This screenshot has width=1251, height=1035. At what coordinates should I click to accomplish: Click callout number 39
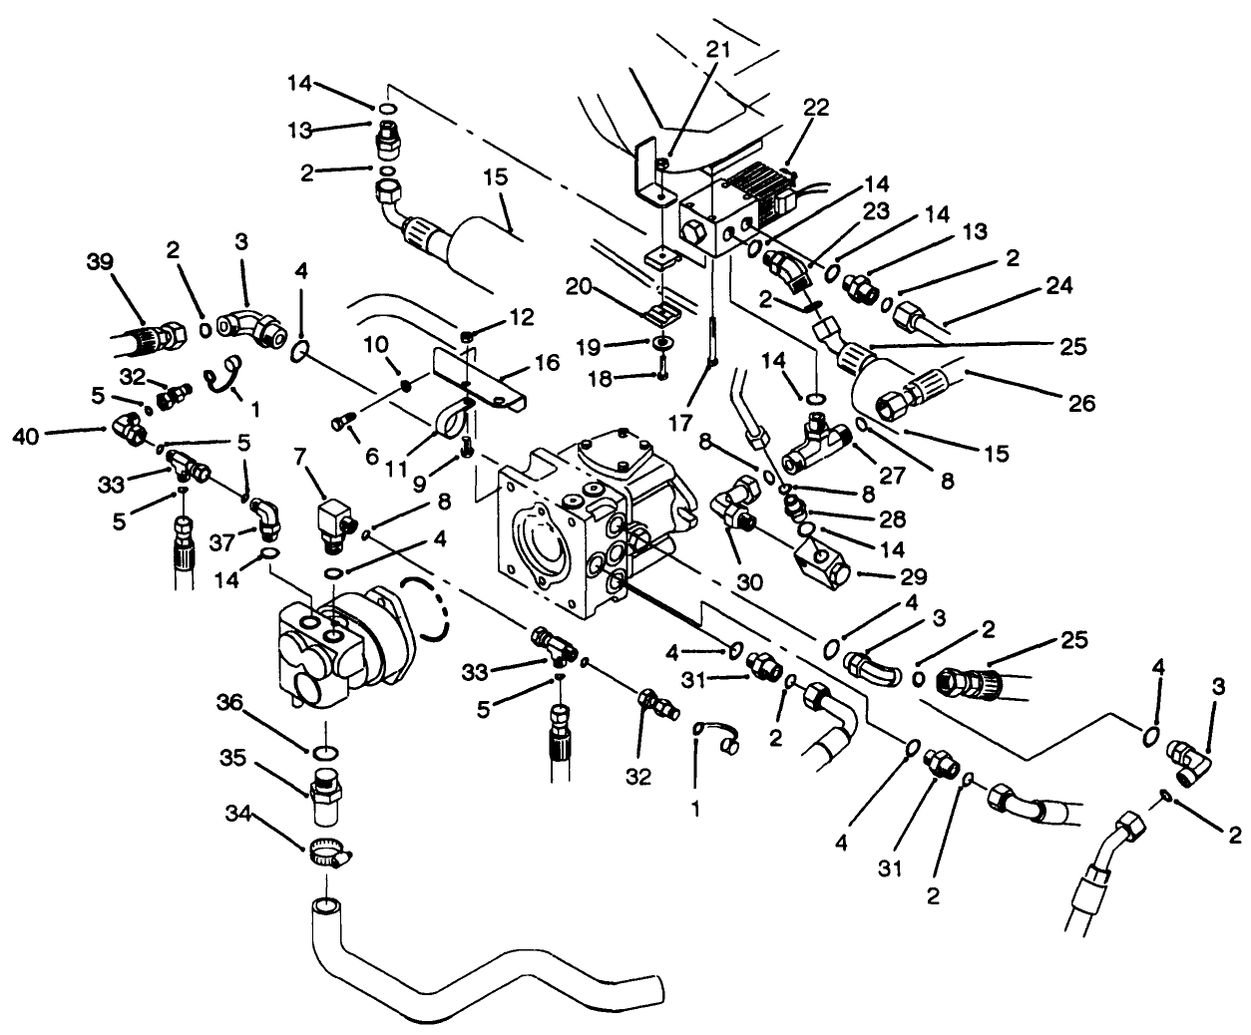click(99, 263)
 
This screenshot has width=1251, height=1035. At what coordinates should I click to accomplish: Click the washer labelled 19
click(658, 344)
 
